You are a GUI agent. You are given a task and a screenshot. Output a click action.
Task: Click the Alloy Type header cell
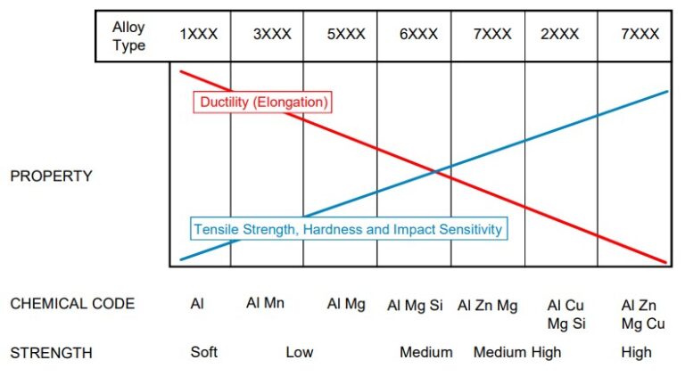click(128, 37)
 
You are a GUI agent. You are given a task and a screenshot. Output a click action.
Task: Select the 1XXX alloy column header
click(199, 35)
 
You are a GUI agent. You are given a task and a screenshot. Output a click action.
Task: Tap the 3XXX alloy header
click(272, 35)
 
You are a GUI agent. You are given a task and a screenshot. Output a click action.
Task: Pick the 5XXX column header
click(346, 35)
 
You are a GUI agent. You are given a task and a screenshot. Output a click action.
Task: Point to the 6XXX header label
click(418, 35)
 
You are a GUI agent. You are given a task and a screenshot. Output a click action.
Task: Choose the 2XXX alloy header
click(559, 35)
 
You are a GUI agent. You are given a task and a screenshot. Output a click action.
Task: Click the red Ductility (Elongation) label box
click(262, 102)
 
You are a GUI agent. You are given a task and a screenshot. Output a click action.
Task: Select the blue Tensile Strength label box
click(349, 229)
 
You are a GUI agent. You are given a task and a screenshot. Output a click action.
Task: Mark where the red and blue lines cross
click(436, 171)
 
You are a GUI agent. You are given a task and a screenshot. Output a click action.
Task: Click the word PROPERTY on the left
click(51, 176)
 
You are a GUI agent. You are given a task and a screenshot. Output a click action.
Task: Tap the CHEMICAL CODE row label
click(72, 304)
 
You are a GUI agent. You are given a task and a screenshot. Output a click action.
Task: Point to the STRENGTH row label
click(51, 353)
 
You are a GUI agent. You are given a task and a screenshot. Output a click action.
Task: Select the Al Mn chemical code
click(265, 304)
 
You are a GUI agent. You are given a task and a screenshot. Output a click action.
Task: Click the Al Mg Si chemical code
click(415, 305)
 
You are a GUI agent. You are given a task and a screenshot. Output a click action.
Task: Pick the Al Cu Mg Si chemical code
click(566, 314)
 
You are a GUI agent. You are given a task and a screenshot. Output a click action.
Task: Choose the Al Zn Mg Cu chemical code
click(642, 314)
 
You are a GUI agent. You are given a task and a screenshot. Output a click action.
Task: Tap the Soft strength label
click(204, 352)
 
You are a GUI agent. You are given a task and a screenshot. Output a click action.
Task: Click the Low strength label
click(300, 352)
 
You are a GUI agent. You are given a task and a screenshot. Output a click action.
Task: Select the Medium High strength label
click(517, 352)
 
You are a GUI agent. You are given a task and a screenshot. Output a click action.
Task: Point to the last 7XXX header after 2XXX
click(640, 35)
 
